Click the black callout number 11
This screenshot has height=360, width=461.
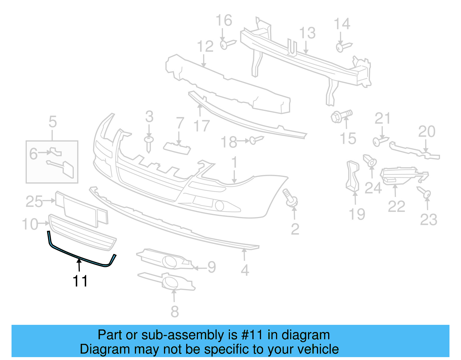[x=80, y=281]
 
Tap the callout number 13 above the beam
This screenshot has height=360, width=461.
[x=307, y=33]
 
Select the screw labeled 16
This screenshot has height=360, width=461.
[x=227, y=44]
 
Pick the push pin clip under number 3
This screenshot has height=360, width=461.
[x=149, y=144]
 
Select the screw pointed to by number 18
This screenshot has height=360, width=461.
[x=256, y=140]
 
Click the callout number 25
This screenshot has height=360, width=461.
[x=34, y=201]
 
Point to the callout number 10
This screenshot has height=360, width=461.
[x=30, y=224]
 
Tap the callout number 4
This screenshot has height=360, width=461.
[x=245, y=270]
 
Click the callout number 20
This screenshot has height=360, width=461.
[x=426, y=132]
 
